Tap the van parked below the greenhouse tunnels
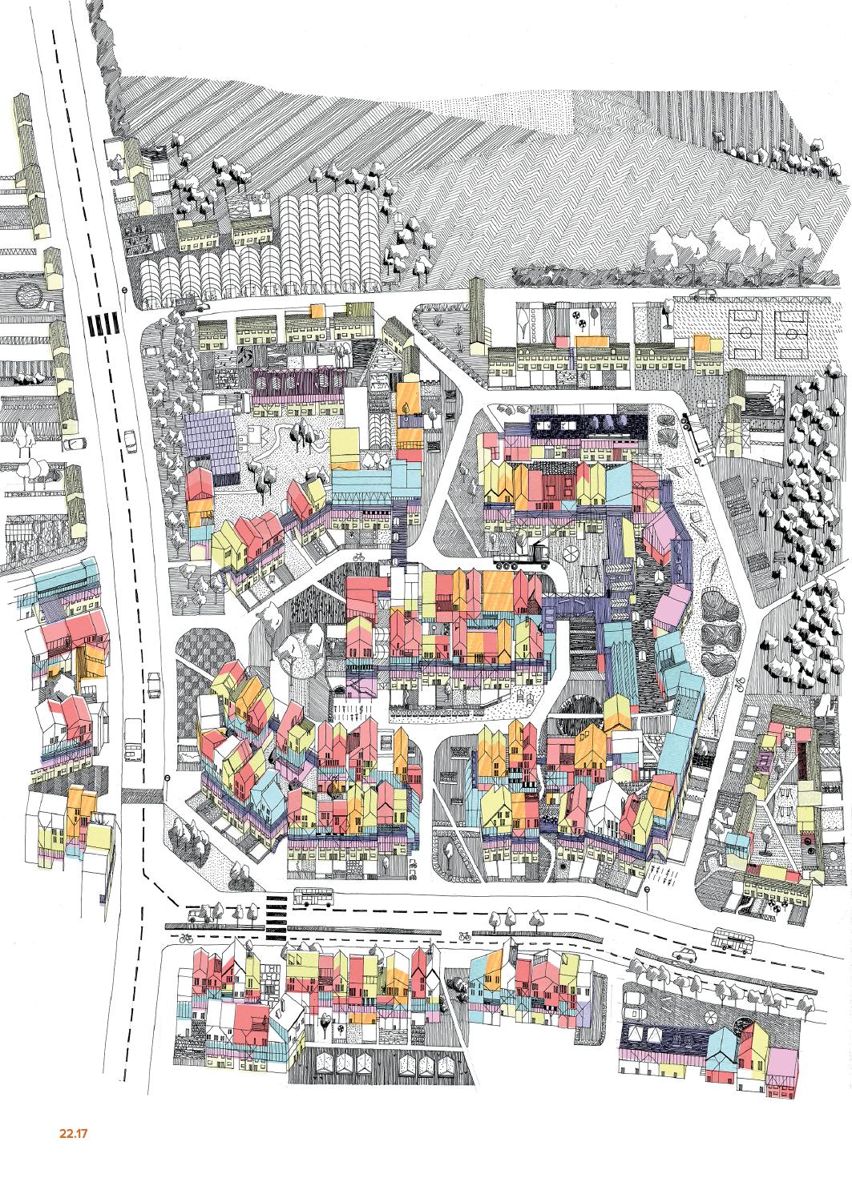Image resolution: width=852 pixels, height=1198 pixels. click(188, 305)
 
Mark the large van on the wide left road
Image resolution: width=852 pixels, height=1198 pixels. click(133, 741)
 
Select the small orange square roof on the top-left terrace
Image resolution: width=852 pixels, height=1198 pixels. click(317, 312)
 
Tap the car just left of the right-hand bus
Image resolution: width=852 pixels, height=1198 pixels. click(684, 954)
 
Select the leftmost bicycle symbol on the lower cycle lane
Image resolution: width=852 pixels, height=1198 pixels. click(186, 938)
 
